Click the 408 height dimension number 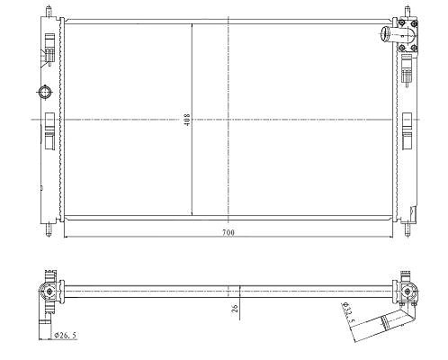pos(187,120)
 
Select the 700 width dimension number pos(228,232)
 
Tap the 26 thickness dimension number pos(235,309)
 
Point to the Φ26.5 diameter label pos(65,335)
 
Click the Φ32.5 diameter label pos(348,313)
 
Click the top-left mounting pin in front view pos(49,11)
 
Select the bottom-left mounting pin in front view pos(49,229)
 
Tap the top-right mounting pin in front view pos(408,12)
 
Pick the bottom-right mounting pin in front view pos(408,229)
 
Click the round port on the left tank pos(45,92)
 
